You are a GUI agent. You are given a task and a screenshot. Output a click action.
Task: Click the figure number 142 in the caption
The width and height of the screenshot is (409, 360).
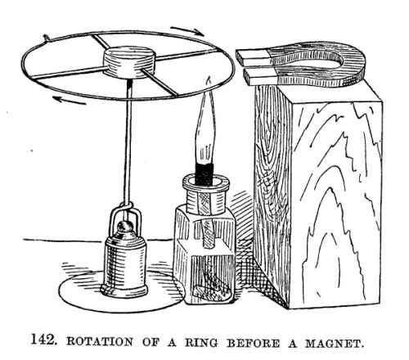click(x=44, y=340)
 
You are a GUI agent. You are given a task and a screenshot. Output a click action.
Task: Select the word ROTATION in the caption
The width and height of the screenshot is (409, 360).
click(x=100, y=342)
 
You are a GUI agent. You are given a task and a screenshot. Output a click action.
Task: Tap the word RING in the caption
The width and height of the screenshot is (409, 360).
click(x=201, y=342)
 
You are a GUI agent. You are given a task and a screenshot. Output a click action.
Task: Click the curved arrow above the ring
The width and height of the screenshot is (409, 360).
click(x=187, y=30)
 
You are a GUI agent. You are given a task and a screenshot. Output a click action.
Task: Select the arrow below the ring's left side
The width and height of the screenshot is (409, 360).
click(x=70, y=100)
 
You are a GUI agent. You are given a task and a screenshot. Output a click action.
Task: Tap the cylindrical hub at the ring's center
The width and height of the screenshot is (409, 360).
click(x=128, y=62)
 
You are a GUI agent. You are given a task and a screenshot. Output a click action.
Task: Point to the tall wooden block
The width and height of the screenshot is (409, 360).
click(x=317, y=196)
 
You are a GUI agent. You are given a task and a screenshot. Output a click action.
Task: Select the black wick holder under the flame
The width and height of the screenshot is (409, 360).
click(x=204, y=173)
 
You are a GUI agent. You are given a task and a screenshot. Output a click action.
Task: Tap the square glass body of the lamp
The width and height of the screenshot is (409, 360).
click(x=205, y=254)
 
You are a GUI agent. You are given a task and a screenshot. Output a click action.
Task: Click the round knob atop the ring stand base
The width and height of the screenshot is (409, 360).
click(x=125, y=227)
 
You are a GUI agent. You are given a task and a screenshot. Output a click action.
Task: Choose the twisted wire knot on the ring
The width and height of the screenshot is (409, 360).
click(x=47, y=38)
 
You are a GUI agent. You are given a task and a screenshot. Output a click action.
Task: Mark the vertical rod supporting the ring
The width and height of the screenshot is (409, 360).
click(x=128, y=142)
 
